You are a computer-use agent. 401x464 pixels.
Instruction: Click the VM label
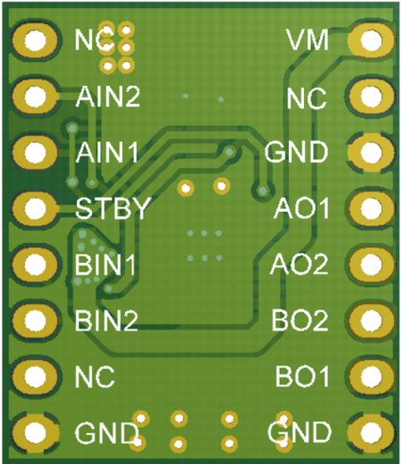[x=307, y=40]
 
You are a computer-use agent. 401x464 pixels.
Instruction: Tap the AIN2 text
[x=108, y=96]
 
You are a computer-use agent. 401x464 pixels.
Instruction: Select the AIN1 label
[x=107, y=152]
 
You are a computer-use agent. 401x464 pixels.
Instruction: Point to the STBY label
[x=112, y=208]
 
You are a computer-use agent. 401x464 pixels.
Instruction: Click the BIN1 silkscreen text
[x=105, y=265]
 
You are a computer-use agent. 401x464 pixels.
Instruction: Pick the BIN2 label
[x=106, y=320]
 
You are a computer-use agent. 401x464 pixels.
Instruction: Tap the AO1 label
[x=302, y=208]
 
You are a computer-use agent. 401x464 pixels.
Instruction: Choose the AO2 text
[x=299, y=265]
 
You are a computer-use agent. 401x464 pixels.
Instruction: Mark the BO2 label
[x=300, y=320]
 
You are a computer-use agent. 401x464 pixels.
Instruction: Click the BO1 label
[x=302, y=376]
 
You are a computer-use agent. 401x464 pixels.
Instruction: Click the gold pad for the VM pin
[x=371, y=41]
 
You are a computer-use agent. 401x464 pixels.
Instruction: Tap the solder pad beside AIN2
[x=35, y=97]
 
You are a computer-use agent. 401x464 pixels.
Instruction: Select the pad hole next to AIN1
[x=35, y=153]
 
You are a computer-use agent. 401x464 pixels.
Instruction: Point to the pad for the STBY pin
[x=35, y=209]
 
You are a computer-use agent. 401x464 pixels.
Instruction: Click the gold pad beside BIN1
[x=35, y=265]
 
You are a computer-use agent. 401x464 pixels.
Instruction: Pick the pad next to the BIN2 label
[x=35, y=320]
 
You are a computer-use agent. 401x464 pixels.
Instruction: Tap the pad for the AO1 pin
[x=372, y=209]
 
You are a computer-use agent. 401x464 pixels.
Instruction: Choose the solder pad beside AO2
[x=372, y=265]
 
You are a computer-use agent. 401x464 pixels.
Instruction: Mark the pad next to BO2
[x=372, y=320]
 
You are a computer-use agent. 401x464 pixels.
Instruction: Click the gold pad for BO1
[x=372, y=376]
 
